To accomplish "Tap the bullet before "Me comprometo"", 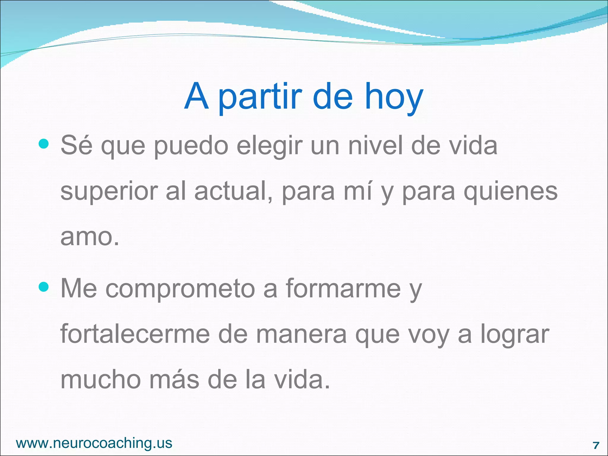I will (x=44, y=287).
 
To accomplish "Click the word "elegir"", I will (x=270, y=146).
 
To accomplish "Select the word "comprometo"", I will (x=180, y=289).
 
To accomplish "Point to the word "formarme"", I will (x=343, y=289).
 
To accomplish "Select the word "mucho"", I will (x=100, y=380).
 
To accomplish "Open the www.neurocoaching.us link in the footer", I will (x=94, y=443).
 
